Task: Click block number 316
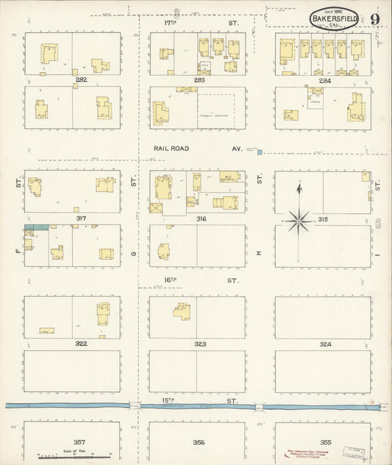pos(200,219)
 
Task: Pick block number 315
pos(322,219)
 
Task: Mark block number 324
pos(325,344)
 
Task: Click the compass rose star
pos(299,219)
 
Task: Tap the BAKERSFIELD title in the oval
pos(335,14)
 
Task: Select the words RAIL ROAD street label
pos(171,149)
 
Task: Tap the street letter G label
pos(134,254)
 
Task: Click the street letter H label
pos(259,254)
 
